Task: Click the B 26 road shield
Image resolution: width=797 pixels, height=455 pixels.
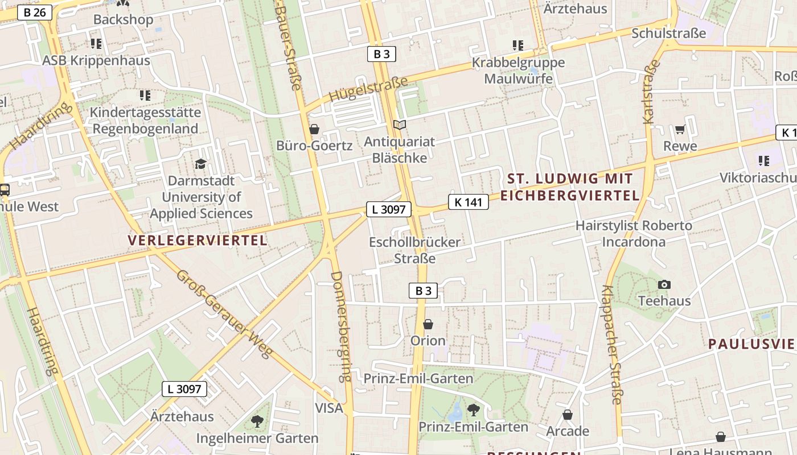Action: point(35,12)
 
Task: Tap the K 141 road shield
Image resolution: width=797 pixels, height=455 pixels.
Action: point(469,202)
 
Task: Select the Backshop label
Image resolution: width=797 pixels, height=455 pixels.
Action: point(123,19)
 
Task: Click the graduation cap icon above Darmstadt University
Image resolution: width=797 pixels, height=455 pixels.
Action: point(200,164)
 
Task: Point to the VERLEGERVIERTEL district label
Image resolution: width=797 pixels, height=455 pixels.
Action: point(198,241)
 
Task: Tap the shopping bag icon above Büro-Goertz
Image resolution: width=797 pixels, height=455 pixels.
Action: point(314,130)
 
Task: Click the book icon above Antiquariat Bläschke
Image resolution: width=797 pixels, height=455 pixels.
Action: point(400,125)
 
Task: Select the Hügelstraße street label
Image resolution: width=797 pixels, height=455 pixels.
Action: point(369,90)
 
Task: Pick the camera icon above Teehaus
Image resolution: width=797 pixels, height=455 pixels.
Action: point(664,284)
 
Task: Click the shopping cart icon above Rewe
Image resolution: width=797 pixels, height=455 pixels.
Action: point(680,130)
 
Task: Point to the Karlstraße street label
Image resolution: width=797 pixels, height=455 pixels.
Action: point(652,91)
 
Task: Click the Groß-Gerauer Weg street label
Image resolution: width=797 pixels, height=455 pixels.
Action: point(223,313)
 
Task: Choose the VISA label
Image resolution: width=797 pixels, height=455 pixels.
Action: point(329,408)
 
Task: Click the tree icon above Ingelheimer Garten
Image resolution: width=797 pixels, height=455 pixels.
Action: point(257,421)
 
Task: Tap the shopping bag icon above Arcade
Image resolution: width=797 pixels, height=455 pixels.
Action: point(567,415)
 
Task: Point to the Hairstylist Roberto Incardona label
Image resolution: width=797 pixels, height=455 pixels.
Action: point(634,234)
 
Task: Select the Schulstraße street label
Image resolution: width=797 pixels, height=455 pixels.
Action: point(668,34)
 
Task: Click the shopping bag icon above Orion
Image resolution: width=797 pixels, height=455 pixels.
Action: point(428,324)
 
